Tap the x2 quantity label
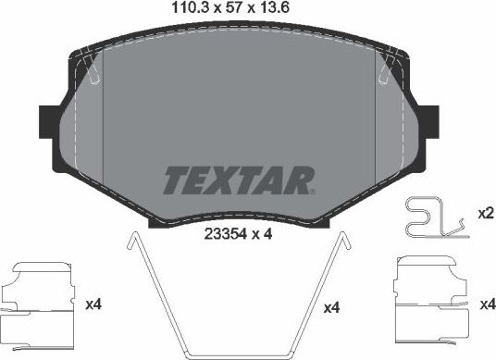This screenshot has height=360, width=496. click(x=484, y=213)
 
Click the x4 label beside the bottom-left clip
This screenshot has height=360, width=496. click(x=92, y=304)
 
